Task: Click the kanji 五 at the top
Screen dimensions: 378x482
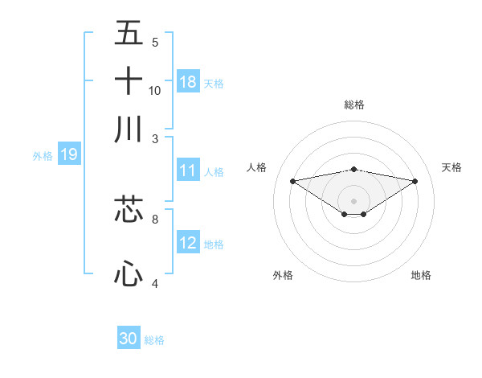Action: pyautogui.click(x=129, y=33)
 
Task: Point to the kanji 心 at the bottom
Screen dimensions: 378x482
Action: pyautogui.click(x=129, y=273)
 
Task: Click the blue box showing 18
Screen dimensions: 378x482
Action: pyautogui.click(x=188, y=82)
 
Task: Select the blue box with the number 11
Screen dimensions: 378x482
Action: pyautogui.click(x=188, y=171)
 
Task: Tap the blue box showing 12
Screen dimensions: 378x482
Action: pyautogui.click(x=188, y=243)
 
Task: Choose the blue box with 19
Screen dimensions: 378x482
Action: pyautogui.click(x=68, y=154)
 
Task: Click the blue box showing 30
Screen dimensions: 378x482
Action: pyautogui.click(x=129, y=339)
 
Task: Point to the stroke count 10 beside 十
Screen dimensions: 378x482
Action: pyautogui.click(x=155, y=91)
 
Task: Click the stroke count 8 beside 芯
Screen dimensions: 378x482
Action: pyautogui.click(x=155, y=218)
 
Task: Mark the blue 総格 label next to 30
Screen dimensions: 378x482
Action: pyautogui.click(x=154, y=340)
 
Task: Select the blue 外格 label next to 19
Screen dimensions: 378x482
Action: pyautogui.click(x=43, y=156)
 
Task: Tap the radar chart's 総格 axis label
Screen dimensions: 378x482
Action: pyautogui.click(x=353, y=105)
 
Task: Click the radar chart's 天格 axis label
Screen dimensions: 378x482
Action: pyautogui.click(x=451, y=167)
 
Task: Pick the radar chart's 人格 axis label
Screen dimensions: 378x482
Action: pyautogui.click(x=257, y=167)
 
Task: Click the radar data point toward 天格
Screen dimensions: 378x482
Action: pyautogui.click(x=415, y=181)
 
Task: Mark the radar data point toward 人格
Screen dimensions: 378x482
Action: pyautogui.click(x=292, y=180)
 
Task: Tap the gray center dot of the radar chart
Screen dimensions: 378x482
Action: pyautogui.click(x=353, y=200)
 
